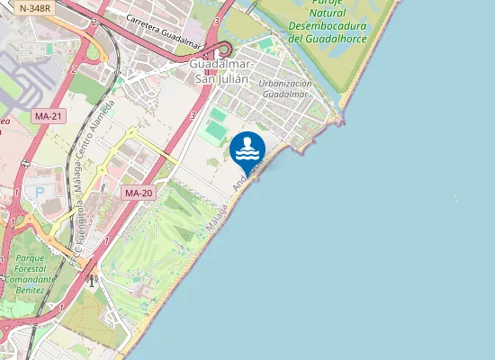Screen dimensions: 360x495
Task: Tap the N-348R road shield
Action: coord(33,8)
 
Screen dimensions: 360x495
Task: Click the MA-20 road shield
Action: coord(138,193)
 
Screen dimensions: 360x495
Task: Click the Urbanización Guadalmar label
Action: coord(285,88)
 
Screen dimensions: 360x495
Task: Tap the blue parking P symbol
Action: coord(39,191)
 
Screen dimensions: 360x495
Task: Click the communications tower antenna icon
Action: coord(90,279)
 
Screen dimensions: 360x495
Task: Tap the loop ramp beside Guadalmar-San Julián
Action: coord(224,49)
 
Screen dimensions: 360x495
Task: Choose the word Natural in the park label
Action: coord(327,13)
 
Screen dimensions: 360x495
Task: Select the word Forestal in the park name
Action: coord(31,268)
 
